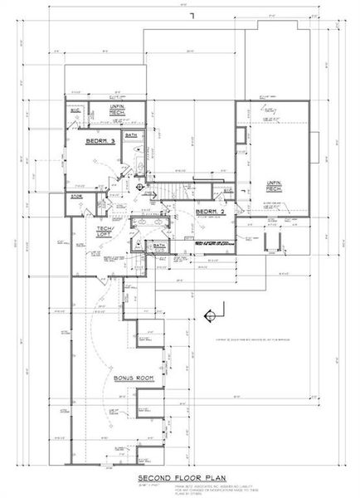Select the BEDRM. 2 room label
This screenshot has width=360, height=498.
tap(207, 212)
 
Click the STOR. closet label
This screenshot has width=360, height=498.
tap(76, 196)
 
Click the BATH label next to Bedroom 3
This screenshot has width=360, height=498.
tap(131, 134)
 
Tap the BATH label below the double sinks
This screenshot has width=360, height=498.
tap(158, 247)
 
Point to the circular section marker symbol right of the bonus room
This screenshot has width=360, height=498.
tap(209, 314)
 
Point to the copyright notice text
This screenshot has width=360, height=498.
tap(249, 339)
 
